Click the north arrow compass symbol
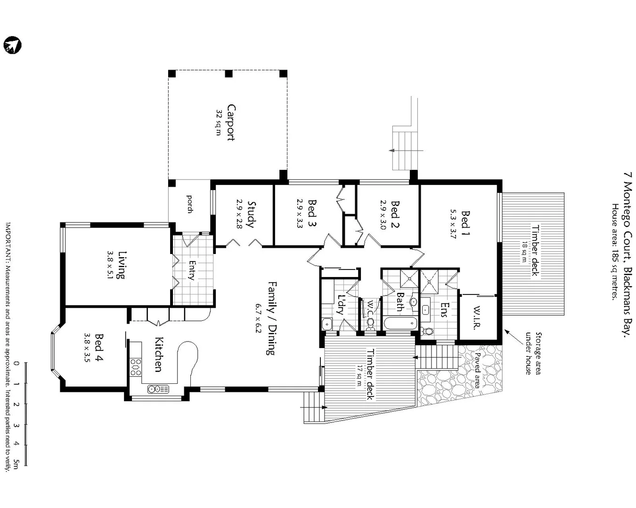tap(12, 45)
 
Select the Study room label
tap(251, 214)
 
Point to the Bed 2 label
tap(395, 214)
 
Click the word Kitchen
tap(159, 354)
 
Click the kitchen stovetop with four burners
tap(136, 367)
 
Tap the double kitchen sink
tap(158, 389)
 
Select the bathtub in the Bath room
tap(400, 323)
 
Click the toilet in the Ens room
tap(428, 331)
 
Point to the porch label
tap(190, 204)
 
